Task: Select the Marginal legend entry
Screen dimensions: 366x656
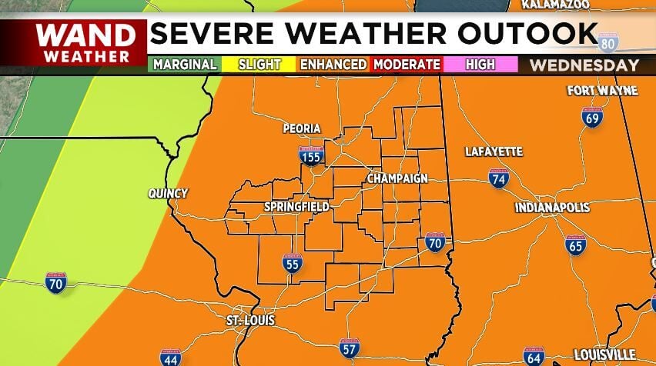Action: point(185,65)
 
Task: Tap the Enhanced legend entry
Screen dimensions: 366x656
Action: point(333,65)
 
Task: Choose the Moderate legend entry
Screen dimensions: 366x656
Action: point(407,65)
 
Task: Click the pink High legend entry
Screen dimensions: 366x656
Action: point(480,65)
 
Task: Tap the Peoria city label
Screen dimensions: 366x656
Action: point(301,128)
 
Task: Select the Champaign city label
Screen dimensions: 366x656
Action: point(397,178)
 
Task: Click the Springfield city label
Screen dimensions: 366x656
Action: point(296,207)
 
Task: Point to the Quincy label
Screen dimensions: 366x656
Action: point(168,194)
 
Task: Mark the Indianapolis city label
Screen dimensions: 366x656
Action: point(552,208)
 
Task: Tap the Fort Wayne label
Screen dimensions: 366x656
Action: point(602,91)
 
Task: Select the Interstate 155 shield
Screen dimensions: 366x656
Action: point(311,156)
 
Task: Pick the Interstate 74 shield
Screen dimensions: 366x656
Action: point(498,179)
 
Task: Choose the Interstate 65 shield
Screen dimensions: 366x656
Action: point(575,245)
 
